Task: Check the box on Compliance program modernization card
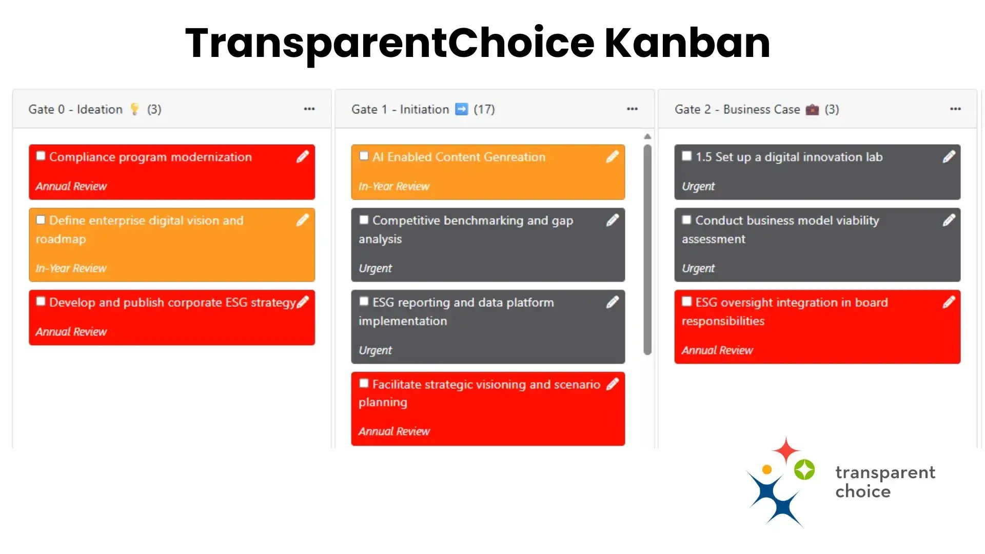click(41, 156)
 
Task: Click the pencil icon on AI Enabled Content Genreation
click(612, 157)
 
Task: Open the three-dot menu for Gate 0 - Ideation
click(309, 109)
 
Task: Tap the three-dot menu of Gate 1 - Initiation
click(632, 109)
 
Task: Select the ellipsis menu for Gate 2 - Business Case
click(955, 109)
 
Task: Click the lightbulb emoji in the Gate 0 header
click(134, 109)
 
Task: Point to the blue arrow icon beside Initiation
click(462, 109)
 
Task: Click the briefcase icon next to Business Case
click(812, 109)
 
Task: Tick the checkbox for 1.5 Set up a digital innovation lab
click(686, 156)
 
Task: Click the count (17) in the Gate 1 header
click(484, 109)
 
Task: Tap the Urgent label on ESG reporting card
click(375, 350)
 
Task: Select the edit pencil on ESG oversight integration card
click(949, 302)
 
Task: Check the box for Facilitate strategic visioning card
click(364, 383)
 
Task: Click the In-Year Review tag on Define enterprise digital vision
click(71, 268)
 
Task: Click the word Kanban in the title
click(687, 43)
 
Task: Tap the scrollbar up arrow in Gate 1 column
click(647, 136)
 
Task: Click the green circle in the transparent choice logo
click(804, 469)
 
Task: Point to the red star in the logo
click(785, 450)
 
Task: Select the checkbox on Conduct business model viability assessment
click(686, 220)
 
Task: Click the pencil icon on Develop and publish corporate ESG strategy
click(303, 302)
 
